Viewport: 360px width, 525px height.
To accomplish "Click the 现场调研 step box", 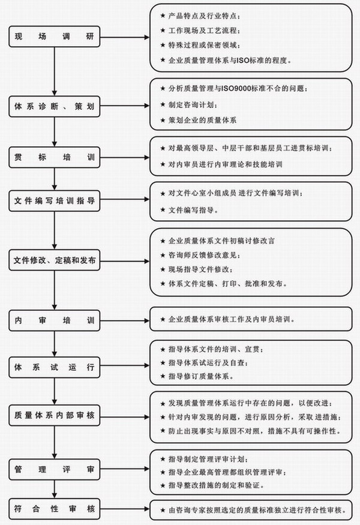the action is pyautogui.click(x=54, y=37).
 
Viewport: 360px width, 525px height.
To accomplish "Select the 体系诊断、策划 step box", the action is pyautogui.click(x=54, y=106).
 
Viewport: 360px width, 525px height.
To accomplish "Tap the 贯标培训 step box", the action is pyautogui.click(x=54, y=157).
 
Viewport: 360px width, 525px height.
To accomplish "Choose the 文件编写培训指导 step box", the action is pyautogui.click(x=54, y=200).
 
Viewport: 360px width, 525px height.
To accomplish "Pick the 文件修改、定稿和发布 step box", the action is pyautogui.click(x=54, y=260).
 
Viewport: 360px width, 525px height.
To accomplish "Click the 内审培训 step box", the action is pyautogui.click(x=54, y=320).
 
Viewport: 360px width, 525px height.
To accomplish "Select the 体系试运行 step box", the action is pyautogui.click(x=54, y=367).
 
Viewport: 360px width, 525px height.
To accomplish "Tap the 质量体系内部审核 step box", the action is pyautogui.click(x=54, y=415).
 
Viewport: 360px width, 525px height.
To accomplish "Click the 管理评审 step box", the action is pyautogui.click(x=54, y=469).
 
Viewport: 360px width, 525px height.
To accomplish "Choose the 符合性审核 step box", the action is pyautogui.click(x=54, y=509).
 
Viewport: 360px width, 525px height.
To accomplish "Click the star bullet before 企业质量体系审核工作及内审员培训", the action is pyautogui.click(x=163, y=319).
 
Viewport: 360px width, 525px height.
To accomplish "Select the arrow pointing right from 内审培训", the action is pyautogui.click(x=125, y=320).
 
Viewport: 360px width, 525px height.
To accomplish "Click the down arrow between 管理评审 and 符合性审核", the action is pyautogui.click(x=54, y=489).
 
